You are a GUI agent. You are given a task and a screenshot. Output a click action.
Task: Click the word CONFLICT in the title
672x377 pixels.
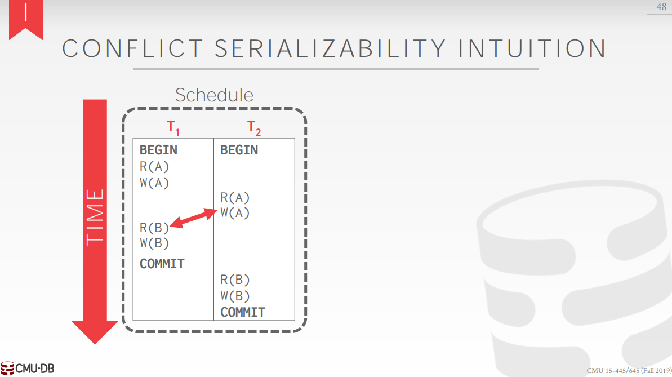pyautogui.click(x=132, y=48)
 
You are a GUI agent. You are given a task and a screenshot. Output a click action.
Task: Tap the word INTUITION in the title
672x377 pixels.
pyautogui.click(x=532, y=48)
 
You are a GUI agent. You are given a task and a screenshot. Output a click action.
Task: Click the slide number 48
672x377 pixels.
pyautogui.click(x=661, y=7)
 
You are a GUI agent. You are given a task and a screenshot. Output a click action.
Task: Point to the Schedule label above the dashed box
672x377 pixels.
pyautogui.click(x=214, y=95)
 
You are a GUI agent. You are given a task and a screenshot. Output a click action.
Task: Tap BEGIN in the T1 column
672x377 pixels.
pyautogui.click(x=158, y=150)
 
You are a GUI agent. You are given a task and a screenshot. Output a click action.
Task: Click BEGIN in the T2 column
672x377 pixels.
pyautogui.click(x=239, y=150)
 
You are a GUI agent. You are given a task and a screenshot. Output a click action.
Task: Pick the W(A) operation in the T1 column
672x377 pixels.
pyautogui.click(x=154, y=183)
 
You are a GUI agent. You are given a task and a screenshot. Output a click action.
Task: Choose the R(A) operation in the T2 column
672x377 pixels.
pyautogui.click(x=235, y=198)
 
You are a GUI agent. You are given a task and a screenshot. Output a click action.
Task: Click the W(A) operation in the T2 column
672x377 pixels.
pyautogui.click(x=235, y=213)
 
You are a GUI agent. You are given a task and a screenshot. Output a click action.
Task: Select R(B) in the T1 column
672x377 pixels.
pyautogui.click(x=154, y=228)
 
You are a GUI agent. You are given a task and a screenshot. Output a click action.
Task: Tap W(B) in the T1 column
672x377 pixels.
pyautogui.click(x=154, y=243)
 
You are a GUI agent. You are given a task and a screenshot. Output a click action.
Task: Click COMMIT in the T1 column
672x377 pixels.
pyautogui.click(x=162, y=264)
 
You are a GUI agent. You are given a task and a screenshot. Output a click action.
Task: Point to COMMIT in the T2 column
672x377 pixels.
pyautogui.click(x=243, y=312)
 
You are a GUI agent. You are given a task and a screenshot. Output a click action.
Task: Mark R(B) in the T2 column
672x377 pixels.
pyautogui.click(x=235, y=280)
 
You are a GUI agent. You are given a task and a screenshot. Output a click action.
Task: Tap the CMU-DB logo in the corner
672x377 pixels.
pyautogui.click(x=28, y=369)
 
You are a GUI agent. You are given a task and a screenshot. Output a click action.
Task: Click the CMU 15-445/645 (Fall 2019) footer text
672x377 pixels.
pyautogui.click(x=628, y=370)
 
